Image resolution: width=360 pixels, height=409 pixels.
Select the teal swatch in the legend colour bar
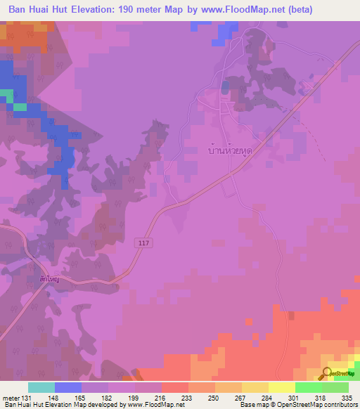41,387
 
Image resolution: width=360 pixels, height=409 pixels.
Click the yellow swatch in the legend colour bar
282,387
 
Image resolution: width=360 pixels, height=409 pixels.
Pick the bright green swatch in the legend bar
309,387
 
